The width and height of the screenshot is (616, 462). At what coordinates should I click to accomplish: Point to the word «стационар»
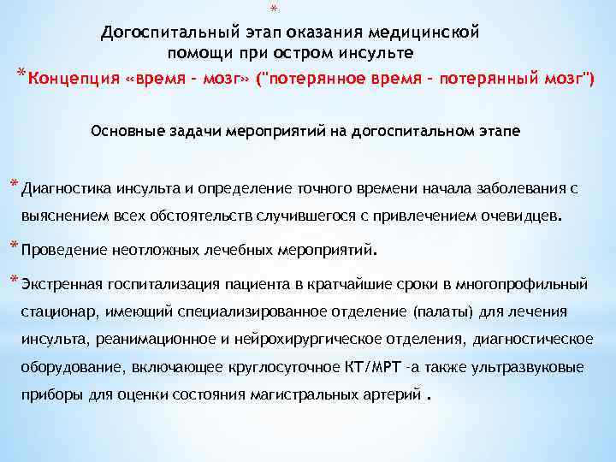click(x=56, y=312)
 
